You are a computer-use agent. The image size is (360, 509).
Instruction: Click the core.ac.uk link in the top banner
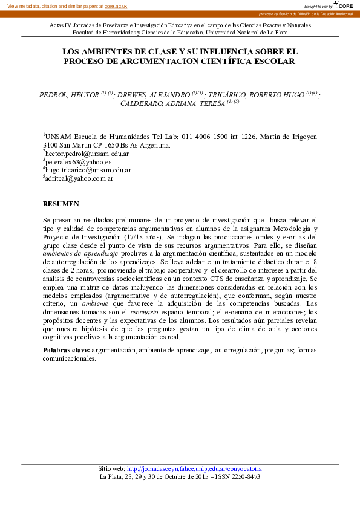click(116, 6)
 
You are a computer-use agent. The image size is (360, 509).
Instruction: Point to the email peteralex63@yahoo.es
click(78, 162)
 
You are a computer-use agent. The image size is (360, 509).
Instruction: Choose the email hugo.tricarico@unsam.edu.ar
click(88, 170)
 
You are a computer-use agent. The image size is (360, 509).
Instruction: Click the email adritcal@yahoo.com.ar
click(79, 178)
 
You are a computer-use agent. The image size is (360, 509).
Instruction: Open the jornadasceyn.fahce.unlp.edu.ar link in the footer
click(194, 468)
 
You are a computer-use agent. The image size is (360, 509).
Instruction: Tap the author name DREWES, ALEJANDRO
click(153, 95)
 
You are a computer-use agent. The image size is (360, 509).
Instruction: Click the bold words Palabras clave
click(67, 350)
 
